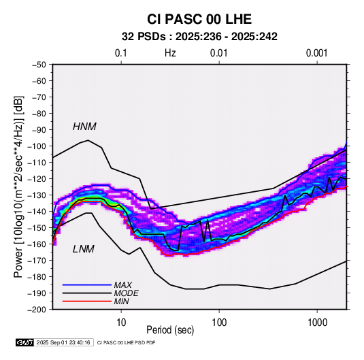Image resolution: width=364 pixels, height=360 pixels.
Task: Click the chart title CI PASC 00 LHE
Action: [x=199, y=19]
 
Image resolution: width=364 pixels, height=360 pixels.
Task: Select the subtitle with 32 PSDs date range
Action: [x=199, y=37]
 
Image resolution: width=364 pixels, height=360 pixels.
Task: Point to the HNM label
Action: [x=84, y=127]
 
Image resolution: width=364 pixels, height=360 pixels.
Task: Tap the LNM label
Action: [x=84, y=249]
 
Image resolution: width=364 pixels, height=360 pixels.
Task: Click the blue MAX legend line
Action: [x=87, y=285]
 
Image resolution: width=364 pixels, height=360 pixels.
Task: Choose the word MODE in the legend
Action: [x=127, y=293]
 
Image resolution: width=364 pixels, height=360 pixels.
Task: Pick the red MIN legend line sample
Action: [x=87, y=301]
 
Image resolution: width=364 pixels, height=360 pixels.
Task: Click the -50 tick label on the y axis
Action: [x=39, y=65]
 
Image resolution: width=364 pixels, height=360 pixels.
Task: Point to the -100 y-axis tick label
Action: [x=37, y=146]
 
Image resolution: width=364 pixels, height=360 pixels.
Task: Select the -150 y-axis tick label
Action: [x=37, y=228]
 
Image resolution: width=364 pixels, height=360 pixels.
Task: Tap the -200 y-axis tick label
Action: [x=37, y=310]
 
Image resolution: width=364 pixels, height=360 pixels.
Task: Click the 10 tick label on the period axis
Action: [x=121, y=323]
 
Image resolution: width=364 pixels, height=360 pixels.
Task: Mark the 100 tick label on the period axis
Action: [x=219, y=323]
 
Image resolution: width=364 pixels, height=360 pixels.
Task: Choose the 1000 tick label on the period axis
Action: [x=317, y=323]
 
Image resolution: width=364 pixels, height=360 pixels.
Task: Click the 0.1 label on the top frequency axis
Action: [x=121, y=53]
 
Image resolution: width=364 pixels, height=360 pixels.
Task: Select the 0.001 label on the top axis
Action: [x=317, y=53]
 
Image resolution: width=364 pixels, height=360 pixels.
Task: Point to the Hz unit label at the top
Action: [x=170, y=53]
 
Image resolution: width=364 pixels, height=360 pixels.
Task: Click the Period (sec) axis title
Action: [x=170, y=330]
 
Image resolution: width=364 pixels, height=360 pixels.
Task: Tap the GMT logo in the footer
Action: [x=25, y=342]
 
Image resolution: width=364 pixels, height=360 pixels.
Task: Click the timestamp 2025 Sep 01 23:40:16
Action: [x=63, y=342]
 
